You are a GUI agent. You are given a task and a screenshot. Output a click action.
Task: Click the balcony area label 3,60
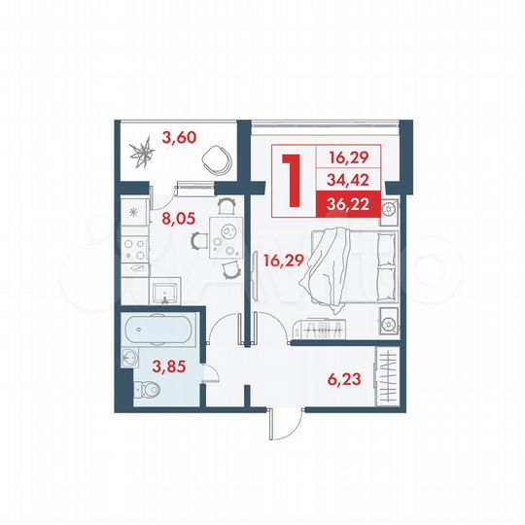pyautogui.click(x=179, y=137)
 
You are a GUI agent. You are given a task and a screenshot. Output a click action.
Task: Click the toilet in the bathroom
pyautogui.click(x=148, y=392)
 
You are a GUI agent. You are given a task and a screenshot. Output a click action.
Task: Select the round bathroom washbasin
pyautogui.click(x=130, y=359)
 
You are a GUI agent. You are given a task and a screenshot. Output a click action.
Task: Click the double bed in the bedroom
pyautogui.click(x=348, y=263)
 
